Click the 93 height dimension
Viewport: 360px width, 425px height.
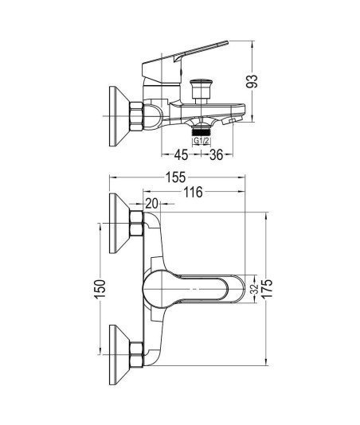[252, 81]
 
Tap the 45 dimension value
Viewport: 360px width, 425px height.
[182, 154]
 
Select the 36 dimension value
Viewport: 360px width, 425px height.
[217, 154]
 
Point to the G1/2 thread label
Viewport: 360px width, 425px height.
[202, 141]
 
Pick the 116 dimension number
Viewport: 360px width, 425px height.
[194, 192]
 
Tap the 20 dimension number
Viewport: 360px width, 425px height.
[151, 204]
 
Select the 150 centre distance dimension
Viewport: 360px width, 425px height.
[100, 289]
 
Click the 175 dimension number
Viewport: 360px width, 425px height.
[267, 288]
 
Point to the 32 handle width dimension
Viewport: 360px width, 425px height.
[254, 289]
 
